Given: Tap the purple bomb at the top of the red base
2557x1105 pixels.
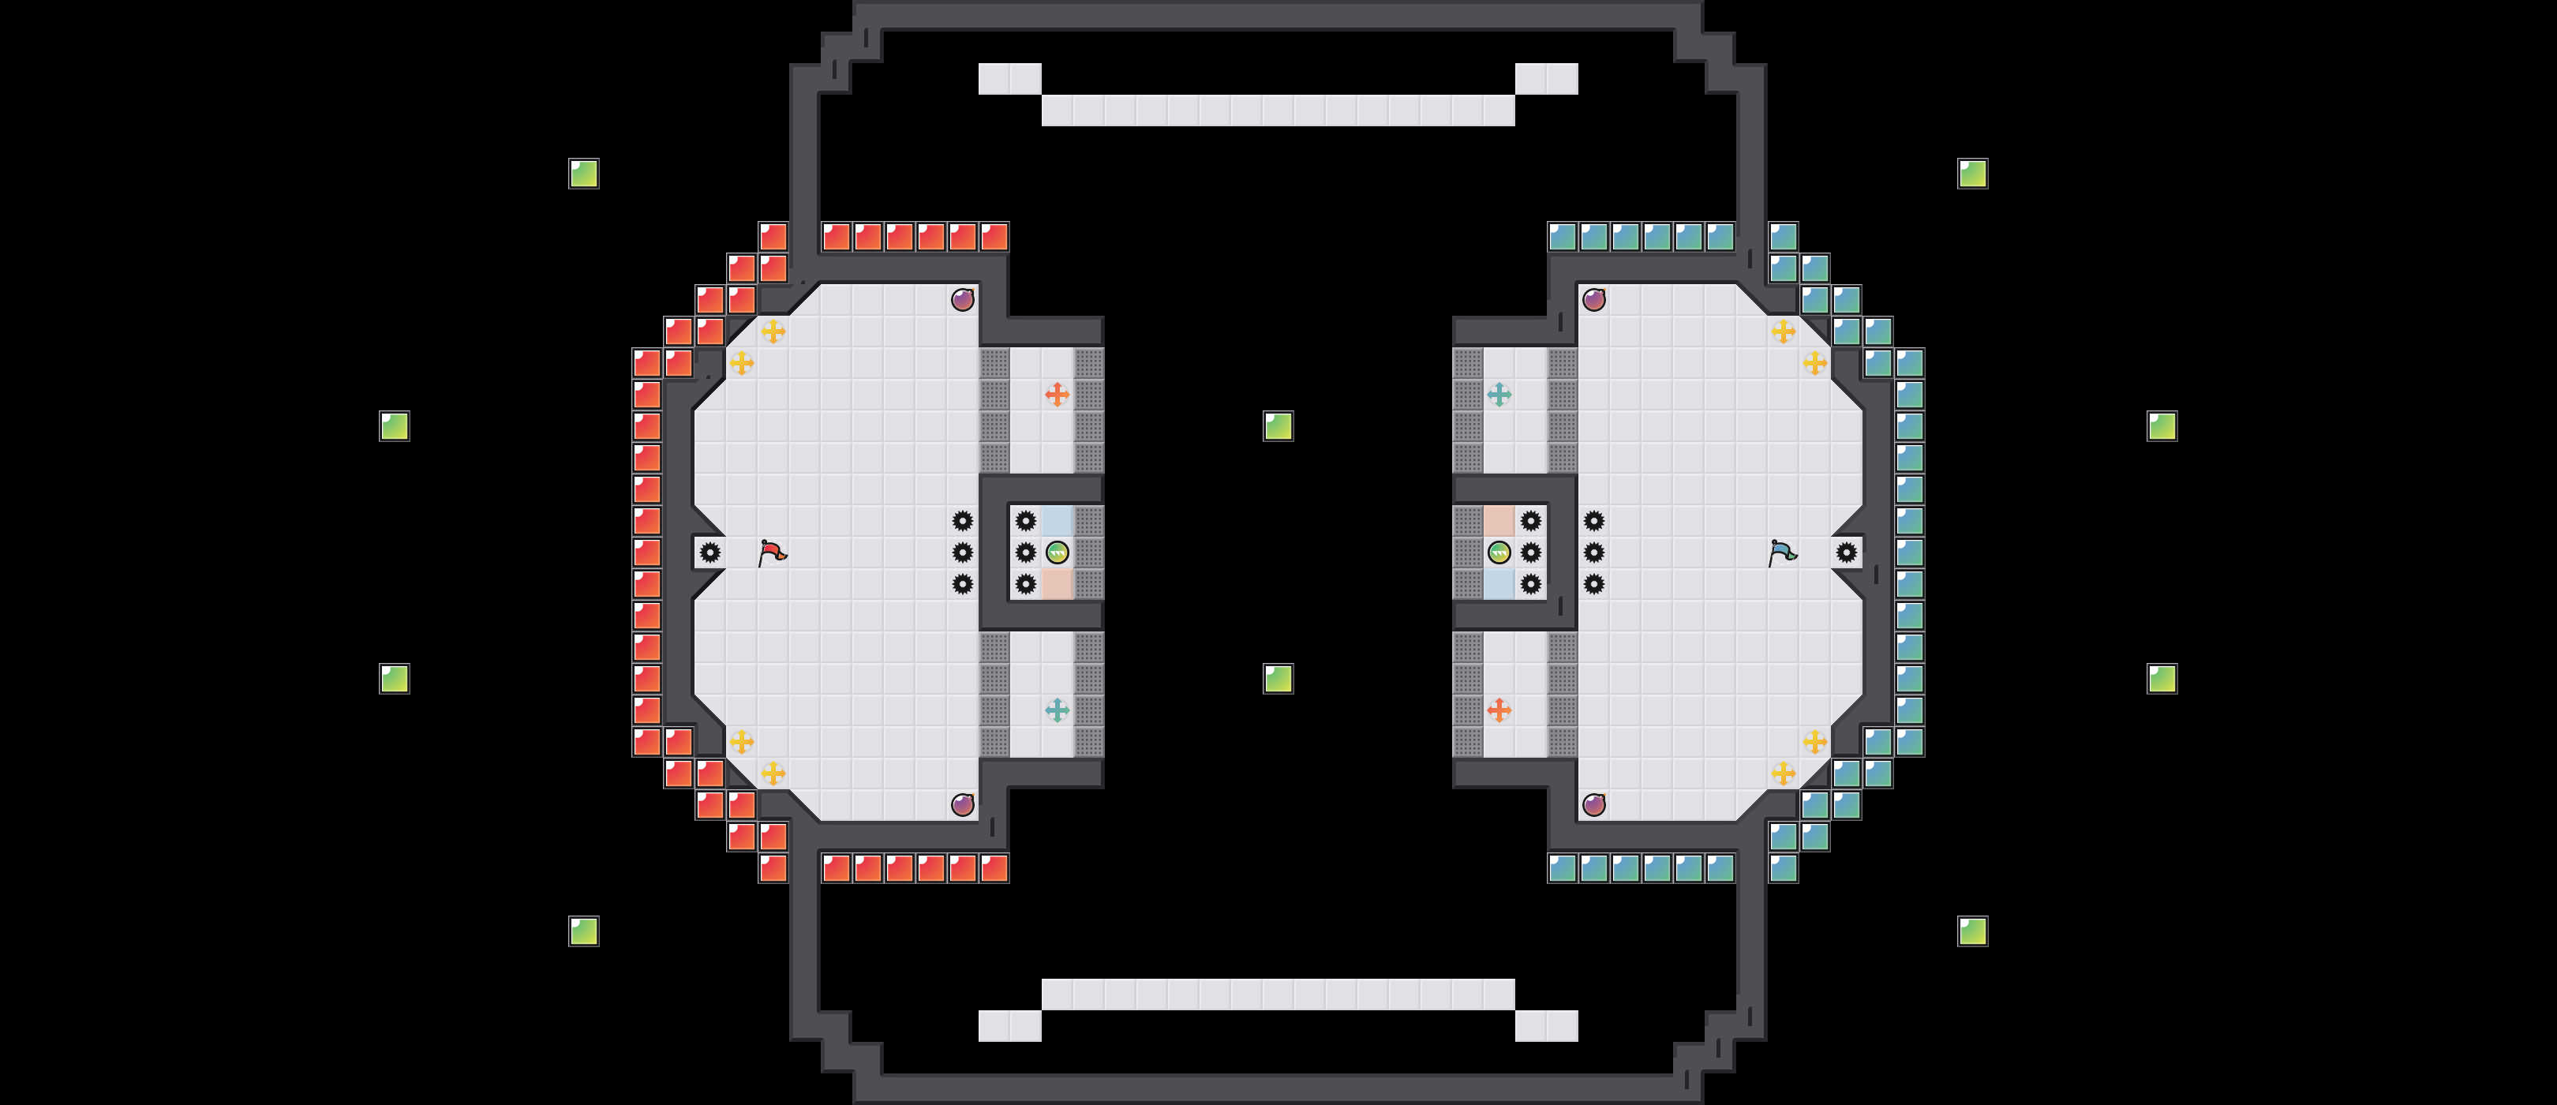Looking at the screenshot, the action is pos(962,300).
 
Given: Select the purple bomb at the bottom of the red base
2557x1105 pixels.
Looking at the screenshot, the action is pos(962,804).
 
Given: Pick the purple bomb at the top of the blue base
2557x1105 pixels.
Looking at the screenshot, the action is pos(1593,300).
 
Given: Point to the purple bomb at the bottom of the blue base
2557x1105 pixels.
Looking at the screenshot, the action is pos(1593,804).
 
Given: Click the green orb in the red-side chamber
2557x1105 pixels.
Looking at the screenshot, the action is pos(1058,552).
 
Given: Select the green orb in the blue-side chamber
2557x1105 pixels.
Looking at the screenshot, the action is pos(1499,552).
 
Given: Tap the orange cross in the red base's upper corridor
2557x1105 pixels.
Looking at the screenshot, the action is pos(1058,394).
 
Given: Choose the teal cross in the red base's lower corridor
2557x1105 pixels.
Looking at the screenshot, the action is pos(1058,710).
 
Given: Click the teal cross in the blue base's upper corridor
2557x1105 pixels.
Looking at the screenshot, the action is pos(1499,394).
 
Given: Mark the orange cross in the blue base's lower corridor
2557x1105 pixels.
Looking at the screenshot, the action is pos(1499,710).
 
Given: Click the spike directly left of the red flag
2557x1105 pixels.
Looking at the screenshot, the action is pos(709,552).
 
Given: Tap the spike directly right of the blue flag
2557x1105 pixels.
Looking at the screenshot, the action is pos(1845,552).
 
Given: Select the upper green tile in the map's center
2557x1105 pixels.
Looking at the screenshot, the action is pos(1278,426).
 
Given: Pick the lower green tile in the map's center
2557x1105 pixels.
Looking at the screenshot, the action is pos(1278,678).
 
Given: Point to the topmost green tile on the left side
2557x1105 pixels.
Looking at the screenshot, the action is pos(584,174).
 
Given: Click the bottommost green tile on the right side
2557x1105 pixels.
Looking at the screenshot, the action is pos(1971,931).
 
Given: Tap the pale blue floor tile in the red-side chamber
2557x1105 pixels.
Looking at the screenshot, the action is pos(1058,520).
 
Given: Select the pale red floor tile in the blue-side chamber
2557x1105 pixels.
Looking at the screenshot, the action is pos(1499,520).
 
